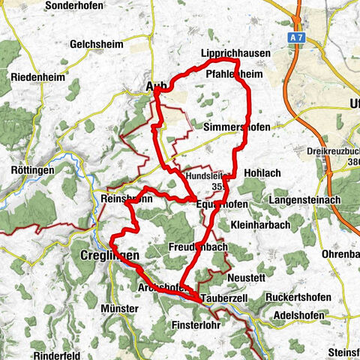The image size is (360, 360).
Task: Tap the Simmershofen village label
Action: [236, 127]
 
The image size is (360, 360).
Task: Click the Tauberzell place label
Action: [223, 298]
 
